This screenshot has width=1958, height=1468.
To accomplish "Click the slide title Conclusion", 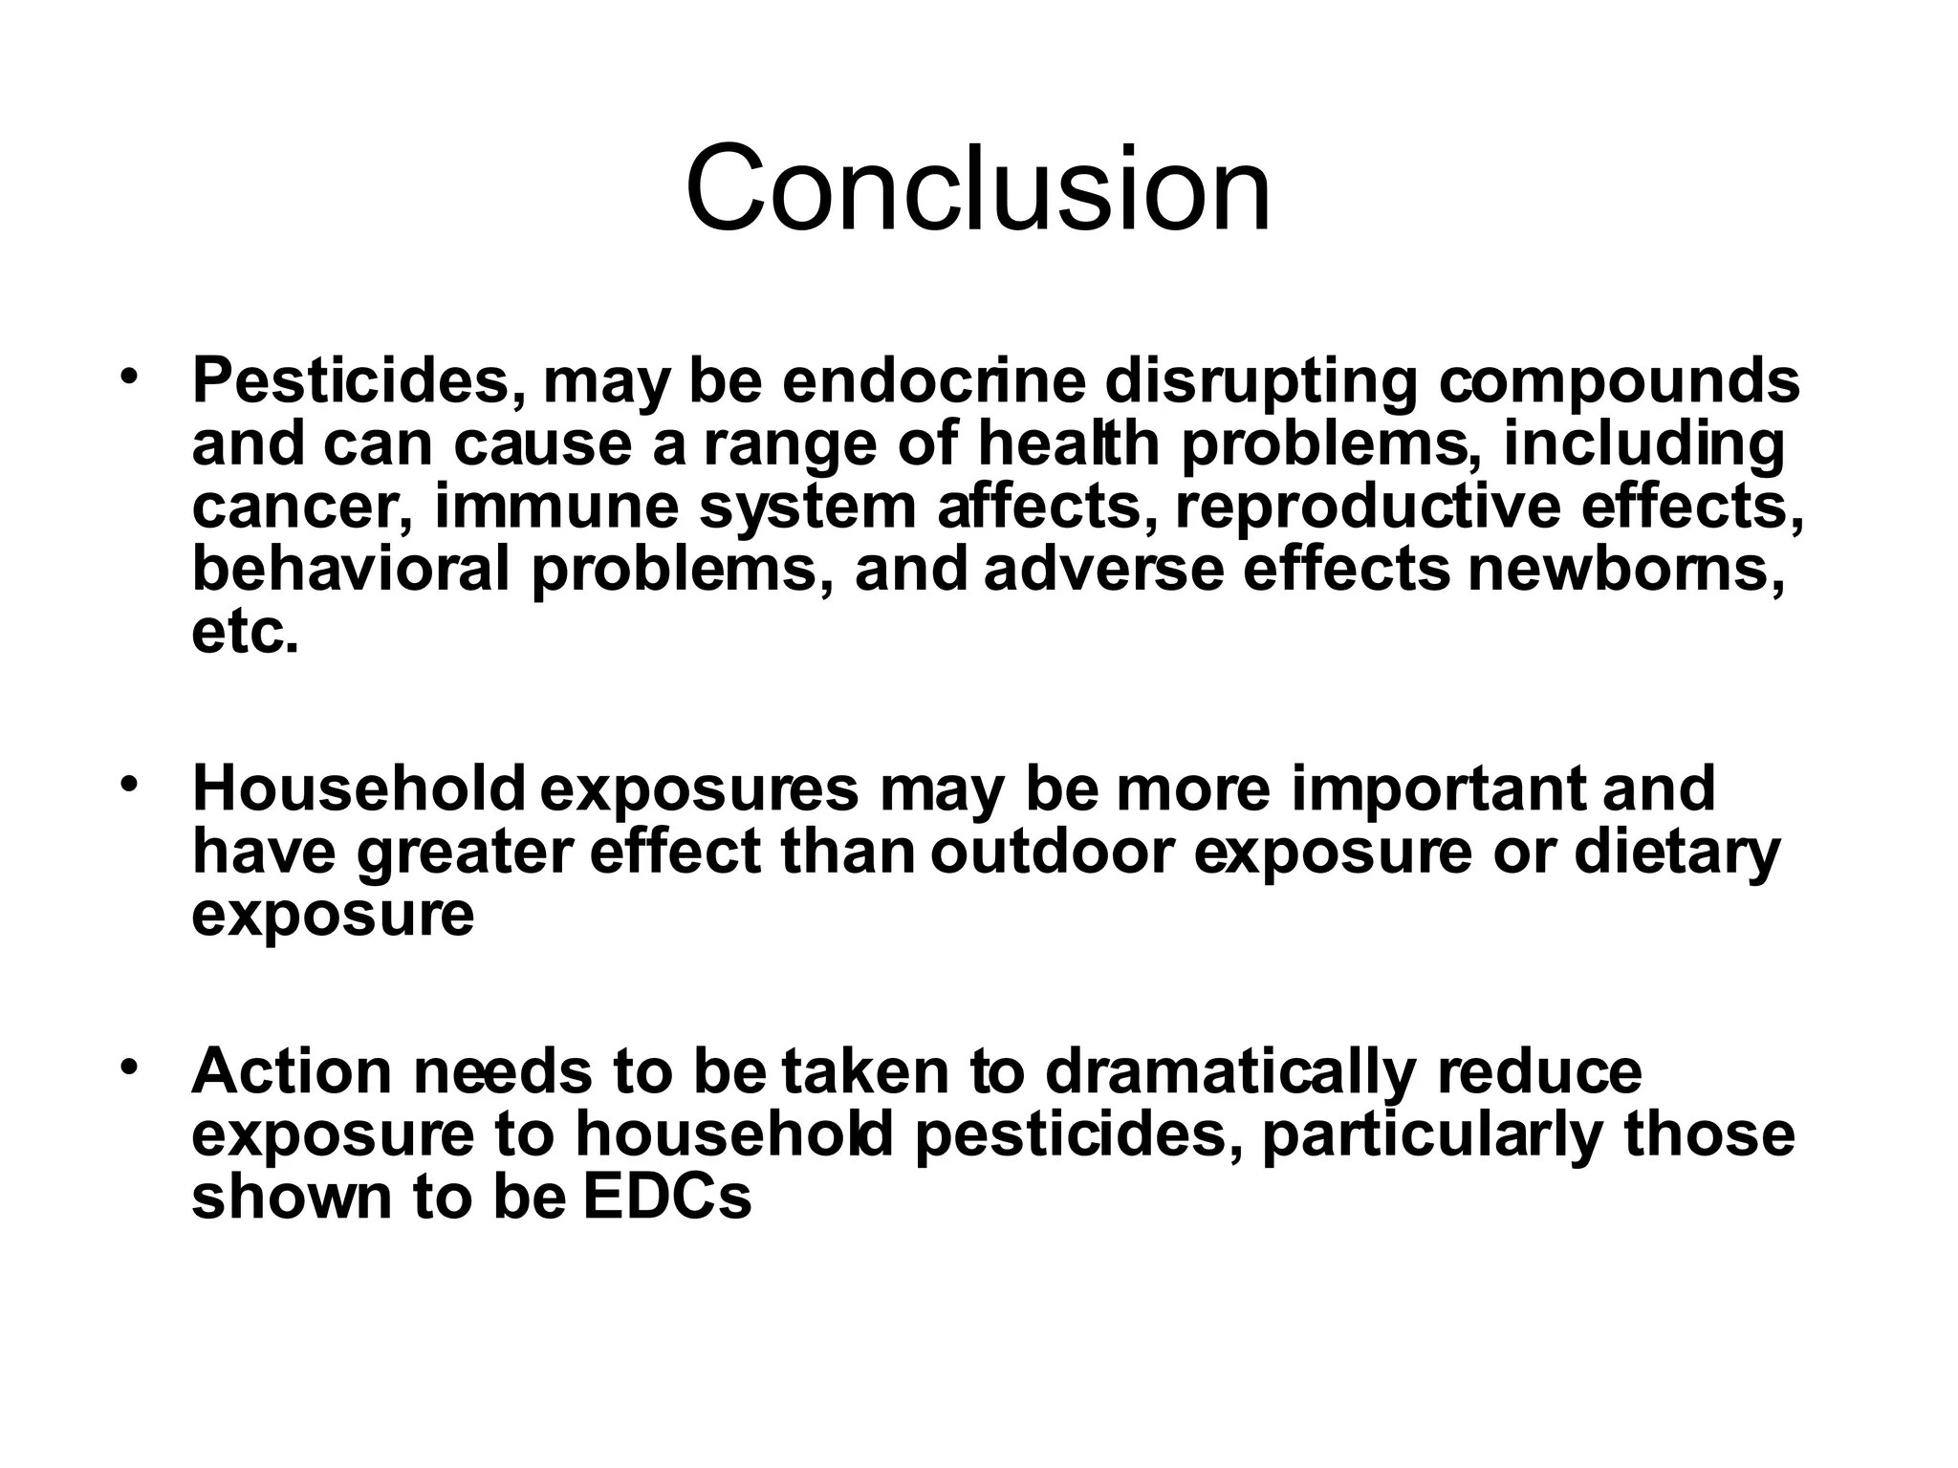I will coord(978,188).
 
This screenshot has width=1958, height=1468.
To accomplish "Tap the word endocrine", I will coord(934,380).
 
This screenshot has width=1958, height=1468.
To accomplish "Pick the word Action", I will coord(293,1071).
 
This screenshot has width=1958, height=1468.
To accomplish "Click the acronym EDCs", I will coord(667,1198).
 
